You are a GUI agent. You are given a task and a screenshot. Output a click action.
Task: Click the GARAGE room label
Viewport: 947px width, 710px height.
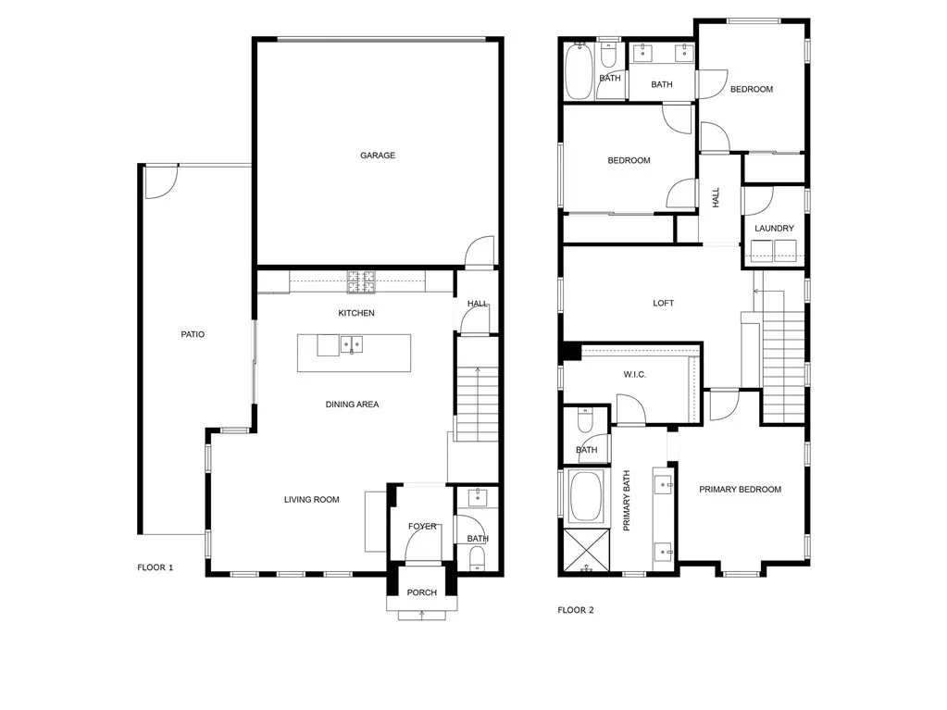pyautogui.click(x=378, y=156)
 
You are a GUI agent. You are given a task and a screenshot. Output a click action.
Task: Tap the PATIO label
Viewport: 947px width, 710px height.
pyautogui.click(x=192, y=334)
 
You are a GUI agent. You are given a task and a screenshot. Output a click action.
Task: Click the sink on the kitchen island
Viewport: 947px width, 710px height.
pyautogui.click(x=352, y=345)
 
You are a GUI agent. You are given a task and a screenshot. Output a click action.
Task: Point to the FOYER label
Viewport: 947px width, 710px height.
pyautogui.click(x=422, y=527)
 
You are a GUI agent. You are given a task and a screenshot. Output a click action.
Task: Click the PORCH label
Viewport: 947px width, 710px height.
pyautogui.click(x=422, y=592)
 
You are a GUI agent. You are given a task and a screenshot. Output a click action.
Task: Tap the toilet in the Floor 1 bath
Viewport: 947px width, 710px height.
pyautogui.click(x=478, y=555)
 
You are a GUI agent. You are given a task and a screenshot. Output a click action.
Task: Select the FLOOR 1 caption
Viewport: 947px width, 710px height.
pyautogui.click(x=155, y=567)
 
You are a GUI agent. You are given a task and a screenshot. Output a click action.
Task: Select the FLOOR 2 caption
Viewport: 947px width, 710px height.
pyautogui.click(x=576, y=610)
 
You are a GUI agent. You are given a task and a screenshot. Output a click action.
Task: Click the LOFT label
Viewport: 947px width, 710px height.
pyautogui.click(x=663, y=304)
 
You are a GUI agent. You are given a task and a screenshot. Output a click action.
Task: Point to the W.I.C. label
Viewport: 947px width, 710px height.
pyautogui.click(x=634, y=374)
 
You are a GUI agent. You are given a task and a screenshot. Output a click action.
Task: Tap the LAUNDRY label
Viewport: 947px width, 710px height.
pyautogui.click(x=774, y=229)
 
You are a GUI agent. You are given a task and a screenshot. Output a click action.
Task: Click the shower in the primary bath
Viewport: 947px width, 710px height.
pyautogui.click(x=583, y=551)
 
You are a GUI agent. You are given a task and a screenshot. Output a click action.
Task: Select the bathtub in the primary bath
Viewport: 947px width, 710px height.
pyautogui.click(x=585, y=496)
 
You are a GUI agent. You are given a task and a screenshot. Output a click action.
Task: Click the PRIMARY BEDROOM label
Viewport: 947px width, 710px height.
pyautogui.click(x=740, y=490)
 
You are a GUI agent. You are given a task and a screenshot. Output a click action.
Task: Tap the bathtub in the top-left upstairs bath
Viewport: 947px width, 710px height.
pyautogui.click(x=579, y=71)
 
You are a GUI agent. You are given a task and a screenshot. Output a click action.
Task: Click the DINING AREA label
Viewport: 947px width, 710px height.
pyautogui.click(x=352, y=405)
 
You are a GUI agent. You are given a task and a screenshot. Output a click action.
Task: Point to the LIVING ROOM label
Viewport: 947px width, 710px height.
pyautogui.click(x=311, y=500)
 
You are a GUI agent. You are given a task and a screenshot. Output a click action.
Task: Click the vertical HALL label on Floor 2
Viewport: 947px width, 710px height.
pyautogui.click(x=716, y=197)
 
